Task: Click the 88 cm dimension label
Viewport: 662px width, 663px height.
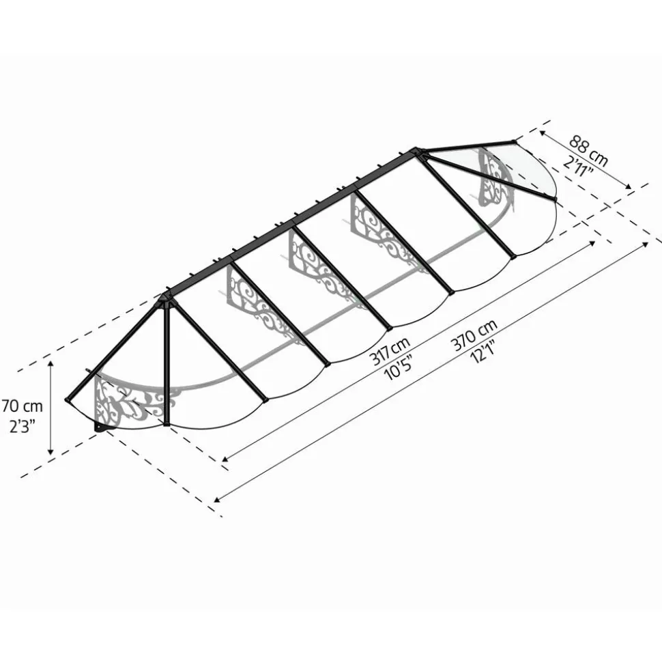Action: point(588,150)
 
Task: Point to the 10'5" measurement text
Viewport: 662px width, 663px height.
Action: point(398,367)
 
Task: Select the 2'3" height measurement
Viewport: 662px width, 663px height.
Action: point(22,426)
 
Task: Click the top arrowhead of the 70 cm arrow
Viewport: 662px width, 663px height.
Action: point(51,364)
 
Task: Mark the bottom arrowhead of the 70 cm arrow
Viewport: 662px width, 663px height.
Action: point(51,452)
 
